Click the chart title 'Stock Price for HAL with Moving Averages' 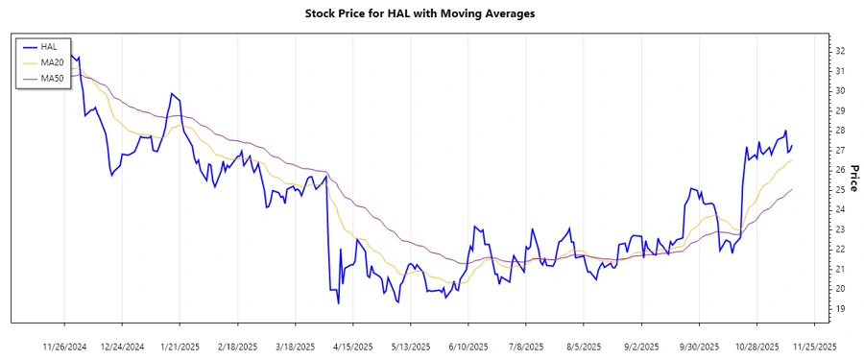tap(432, 13)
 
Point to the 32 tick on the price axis tap(840, 51)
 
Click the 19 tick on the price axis tap(840, 309)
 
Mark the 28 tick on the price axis tap(840, 131)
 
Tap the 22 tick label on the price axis tap(840, 250)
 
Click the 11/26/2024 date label tap(65, 346)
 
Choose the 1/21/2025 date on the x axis tap(180, 346)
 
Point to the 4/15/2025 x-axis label tap(353, 346)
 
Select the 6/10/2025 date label tap(468, 346)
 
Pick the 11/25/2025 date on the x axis tap(814, 346)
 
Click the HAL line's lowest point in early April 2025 tap(338, 303)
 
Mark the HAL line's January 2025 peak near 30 tap(171, 94)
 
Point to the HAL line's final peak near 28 tap(785, 131)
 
